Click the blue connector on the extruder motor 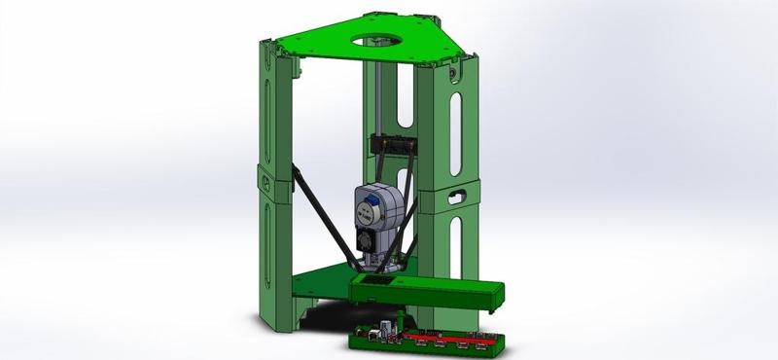(x=370, y=207)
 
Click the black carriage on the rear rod (x=393, y=145)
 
